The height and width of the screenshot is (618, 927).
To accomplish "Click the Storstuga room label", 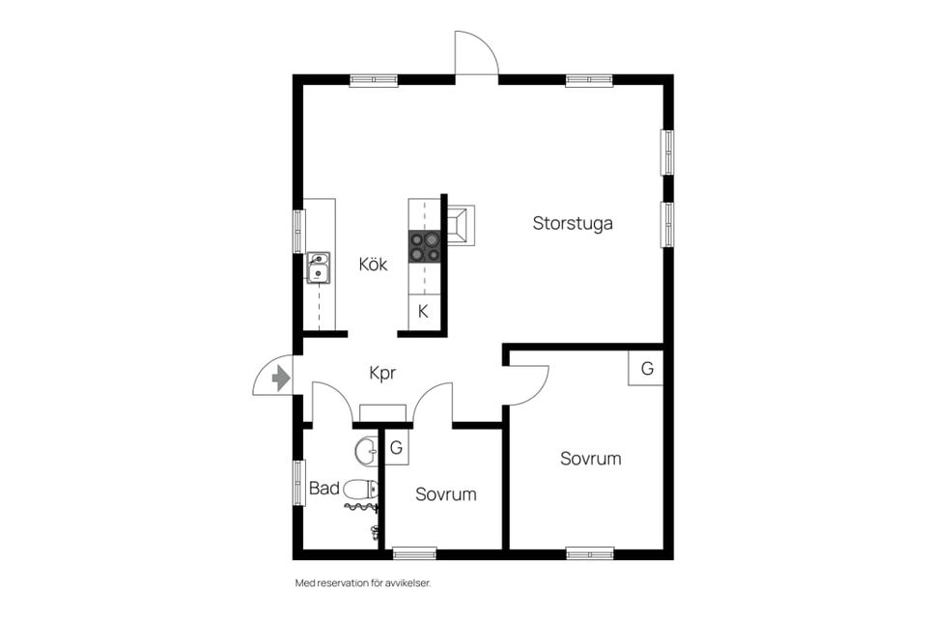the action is [x=573, y=224].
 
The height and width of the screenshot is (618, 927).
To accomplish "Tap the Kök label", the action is [x=373, y=264].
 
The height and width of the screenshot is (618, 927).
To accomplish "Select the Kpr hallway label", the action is [x=382, y=373].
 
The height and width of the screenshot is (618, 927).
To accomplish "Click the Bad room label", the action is [x=324, y=489].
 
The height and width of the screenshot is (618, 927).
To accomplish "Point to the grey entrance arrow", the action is [x=281, y=378].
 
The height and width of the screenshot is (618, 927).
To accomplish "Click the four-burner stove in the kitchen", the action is [x=425, y=246].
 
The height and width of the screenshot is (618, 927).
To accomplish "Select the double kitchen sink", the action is [x=318, y=267].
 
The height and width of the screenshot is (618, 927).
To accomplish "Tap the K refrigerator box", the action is [x=424, y=311].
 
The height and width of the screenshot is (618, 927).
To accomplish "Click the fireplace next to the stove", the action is [x=460, y=225].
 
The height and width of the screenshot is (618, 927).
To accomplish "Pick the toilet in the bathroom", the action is [x=360, y=490].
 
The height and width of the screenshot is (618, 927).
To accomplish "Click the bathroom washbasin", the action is [x=366, y=451].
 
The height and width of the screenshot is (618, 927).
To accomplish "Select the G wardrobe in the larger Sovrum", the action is [x=646, y=368].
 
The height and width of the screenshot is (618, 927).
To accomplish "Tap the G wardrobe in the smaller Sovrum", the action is [x=396, y=447].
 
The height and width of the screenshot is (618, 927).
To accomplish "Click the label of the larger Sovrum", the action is [x=591, y=459].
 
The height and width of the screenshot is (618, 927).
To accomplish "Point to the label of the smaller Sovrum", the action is [x=446, y=494].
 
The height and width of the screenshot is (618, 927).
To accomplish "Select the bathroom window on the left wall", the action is [x=299, y=483].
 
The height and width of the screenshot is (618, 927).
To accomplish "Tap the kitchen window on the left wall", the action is [x=299, y=231].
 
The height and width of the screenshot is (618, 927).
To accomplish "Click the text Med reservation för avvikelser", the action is [x=363, y=583].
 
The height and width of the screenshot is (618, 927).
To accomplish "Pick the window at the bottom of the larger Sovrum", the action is [x=589, y=554].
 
